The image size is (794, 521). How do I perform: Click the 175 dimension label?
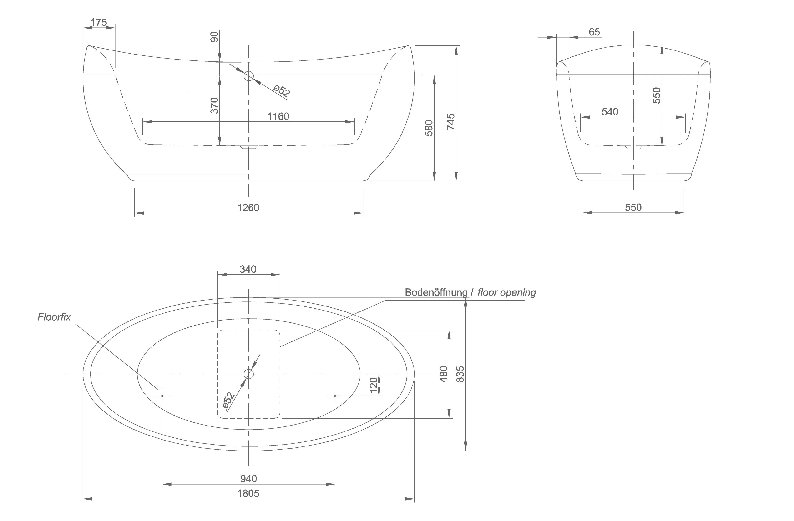pos(99,22)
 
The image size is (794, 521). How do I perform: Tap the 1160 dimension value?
pos(278,116)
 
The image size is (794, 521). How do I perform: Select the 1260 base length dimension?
pos(248,208)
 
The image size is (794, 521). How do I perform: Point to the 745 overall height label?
pos(451,121)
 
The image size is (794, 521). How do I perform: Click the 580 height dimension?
pos(429,128)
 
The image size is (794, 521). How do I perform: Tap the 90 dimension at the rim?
pos(214,37)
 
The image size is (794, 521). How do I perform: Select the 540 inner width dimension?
pos(610,112)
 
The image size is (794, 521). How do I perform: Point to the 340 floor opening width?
pos(248,269)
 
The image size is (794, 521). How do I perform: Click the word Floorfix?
pos(54,317)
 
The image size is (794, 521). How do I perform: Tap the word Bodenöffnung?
pos(436,292)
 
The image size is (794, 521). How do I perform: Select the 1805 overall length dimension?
pos(248,493)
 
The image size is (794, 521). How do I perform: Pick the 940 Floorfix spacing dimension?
pos(248,479)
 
